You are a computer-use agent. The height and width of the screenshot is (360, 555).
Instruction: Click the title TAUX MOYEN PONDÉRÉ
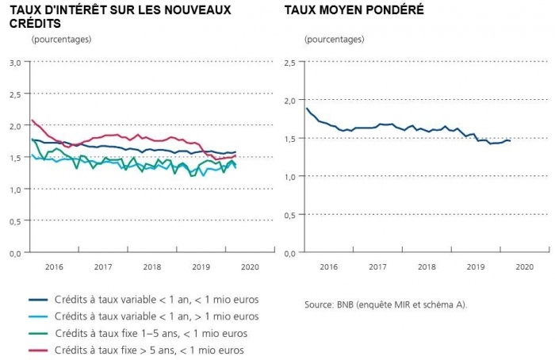pyautogui.click(x=354, y=10)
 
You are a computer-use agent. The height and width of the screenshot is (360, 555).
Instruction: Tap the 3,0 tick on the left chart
pyautogui.click(x=15, y=62)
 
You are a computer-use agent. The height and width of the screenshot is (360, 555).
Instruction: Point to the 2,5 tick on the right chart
pyautogui.click(x=289, y=62)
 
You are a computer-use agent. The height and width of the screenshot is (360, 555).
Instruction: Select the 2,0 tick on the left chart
pyautogui.click(x=15, y=125)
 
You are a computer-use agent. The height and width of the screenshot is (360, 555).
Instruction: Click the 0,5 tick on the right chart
pyautogui.click(x=289, y=214)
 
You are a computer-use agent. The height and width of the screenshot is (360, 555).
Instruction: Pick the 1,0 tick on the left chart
pyautogui.click(x=15, y=189)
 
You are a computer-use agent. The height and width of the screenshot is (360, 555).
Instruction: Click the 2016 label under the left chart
pyautogui.click(x=55, y=267)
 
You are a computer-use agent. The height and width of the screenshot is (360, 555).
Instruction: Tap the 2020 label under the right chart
pyautogui.click(x=524, y=267)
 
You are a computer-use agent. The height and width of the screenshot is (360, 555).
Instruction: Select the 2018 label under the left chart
pyautogui.click(x=151, y=267)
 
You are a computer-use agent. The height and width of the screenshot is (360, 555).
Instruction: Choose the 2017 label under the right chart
pyautogui.click(x=377, y=267)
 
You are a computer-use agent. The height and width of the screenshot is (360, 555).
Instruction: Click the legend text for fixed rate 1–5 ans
pyautogui.click(x=151, y=333)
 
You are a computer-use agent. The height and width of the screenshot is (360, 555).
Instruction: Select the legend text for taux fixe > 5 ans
pyautogui.click(x=149, y=350)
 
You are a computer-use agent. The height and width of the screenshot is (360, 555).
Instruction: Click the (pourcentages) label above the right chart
pyautogui.click(x=335, y=39)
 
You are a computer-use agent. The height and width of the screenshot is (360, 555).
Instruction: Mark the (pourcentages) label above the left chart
pyautogui.click(x=61, y=39)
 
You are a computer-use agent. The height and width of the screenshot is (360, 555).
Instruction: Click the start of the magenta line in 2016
pyautogui.click(x=32, y=121)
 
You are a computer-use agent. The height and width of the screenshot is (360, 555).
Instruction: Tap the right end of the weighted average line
pyautogui.click(x=510, y=140)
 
